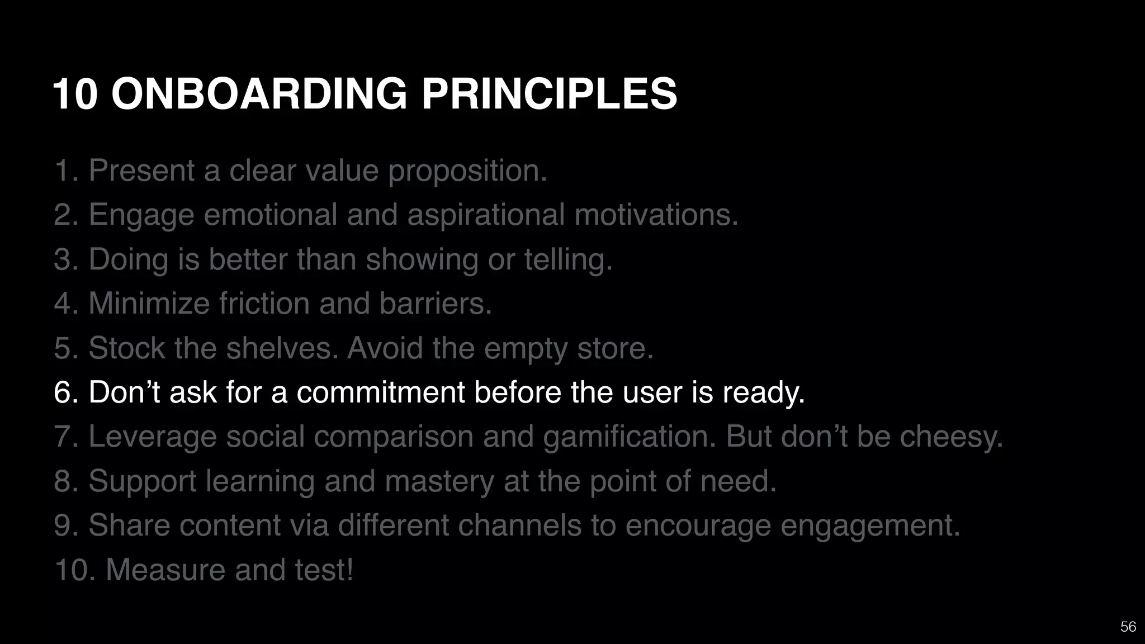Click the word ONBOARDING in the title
[259, 93]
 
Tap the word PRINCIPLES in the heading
[549, 93]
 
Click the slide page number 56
[1128, 627]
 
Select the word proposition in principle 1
[467, 171]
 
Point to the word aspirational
[486, 215]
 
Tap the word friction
[264, 304]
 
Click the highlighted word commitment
[380, 392]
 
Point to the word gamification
[629, 437]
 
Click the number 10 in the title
[75, 93]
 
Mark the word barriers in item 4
[435, 304]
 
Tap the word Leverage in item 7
[152, 437]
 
